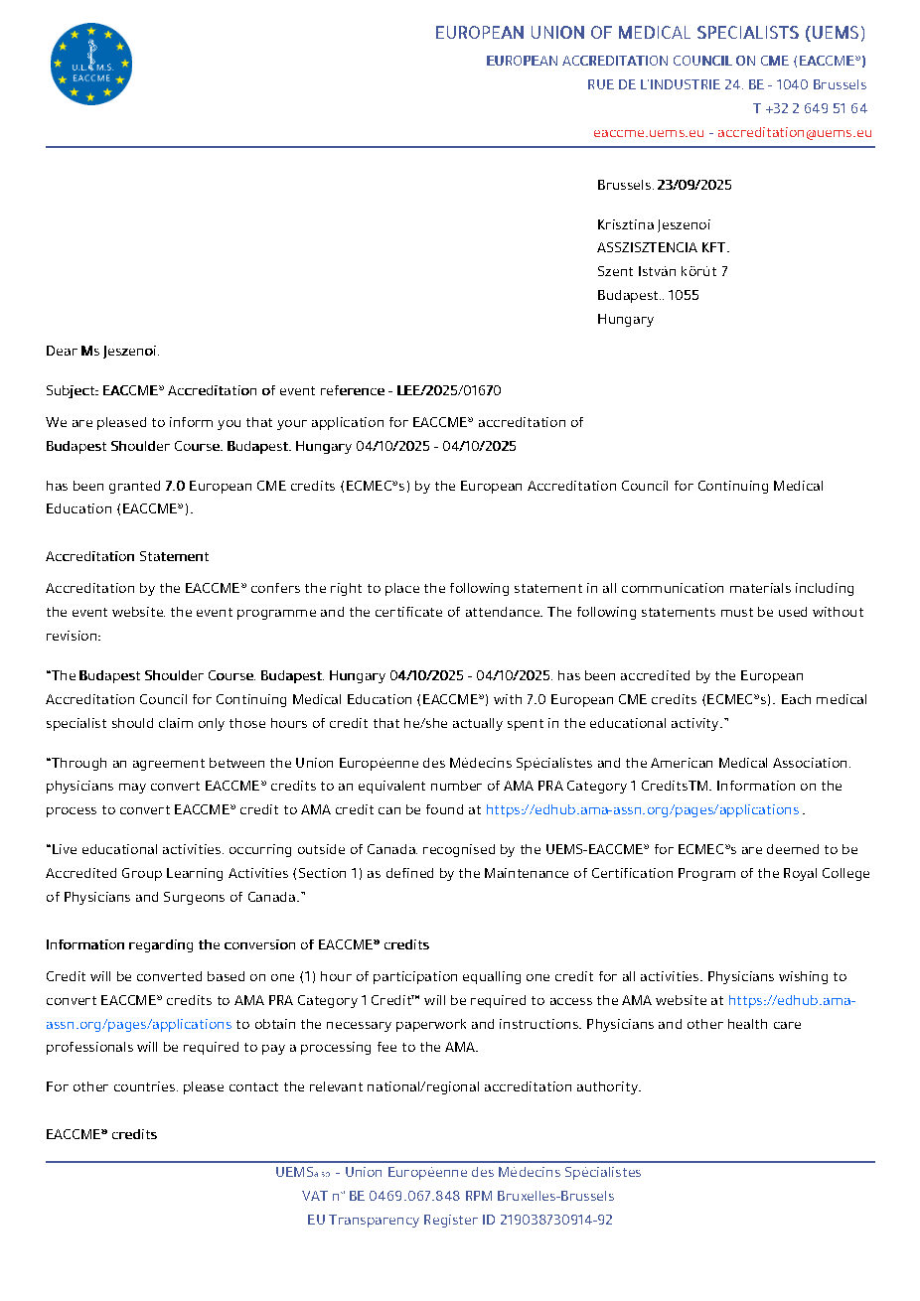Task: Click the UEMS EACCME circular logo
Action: [91, 65]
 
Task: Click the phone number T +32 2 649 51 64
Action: [810, 108]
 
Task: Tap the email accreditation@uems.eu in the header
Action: [795, 132]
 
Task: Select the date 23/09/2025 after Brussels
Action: [694, 185]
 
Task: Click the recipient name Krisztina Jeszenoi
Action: [654, 224]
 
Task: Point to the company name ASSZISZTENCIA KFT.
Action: [663, 247]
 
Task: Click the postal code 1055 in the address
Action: [684, 295]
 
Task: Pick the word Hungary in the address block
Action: [625, 319]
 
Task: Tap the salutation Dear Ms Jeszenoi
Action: [102, 351]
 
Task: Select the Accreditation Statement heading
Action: [127, 556]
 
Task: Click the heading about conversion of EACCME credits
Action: [237, 944]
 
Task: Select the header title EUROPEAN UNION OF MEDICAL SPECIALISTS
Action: [650, 33]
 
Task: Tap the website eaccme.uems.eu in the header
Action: [649, 132]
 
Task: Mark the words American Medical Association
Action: [750, 763]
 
